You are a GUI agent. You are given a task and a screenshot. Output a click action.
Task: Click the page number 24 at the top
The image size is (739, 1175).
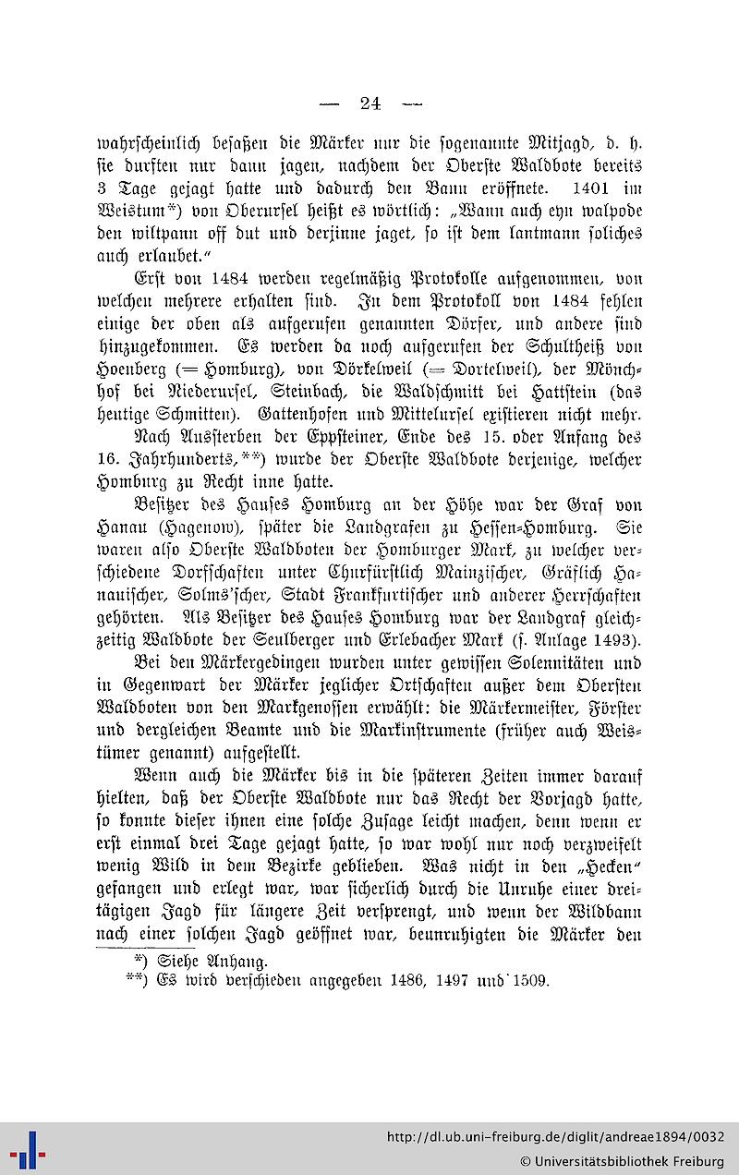point(370,103)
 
